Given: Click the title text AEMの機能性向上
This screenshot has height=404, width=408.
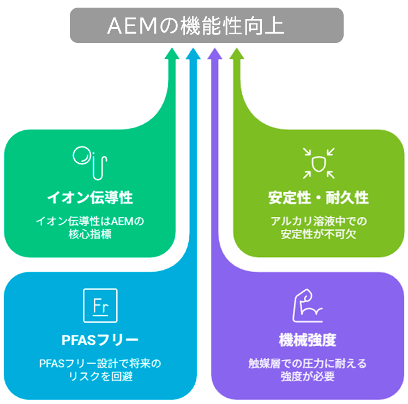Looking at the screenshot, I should coord(196,25).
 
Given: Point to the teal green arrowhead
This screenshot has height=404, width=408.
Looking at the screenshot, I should coord(172,53).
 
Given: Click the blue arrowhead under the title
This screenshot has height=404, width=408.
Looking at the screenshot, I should coord(193,53).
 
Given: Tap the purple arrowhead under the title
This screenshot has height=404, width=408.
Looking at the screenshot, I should coord(215,53).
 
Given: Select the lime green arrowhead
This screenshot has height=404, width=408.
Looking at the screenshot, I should coord(236,53).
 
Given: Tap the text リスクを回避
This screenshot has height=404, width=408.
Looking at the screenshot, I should coord(100,376).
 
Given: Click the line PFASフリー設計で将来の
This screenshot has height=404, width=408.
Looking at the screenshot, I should coord(100,363).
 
